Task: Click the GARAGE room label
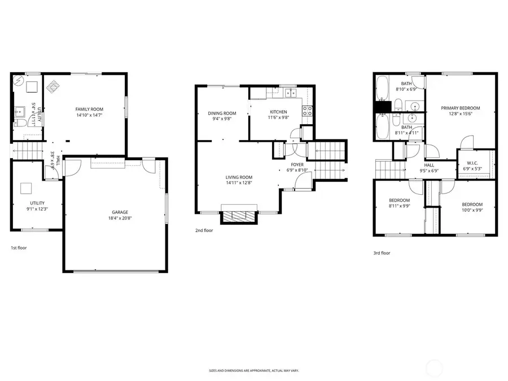pos(119,212)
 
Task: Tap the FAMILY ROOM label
pos(89,109)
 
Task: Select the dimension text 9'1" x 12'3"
pos(37,209)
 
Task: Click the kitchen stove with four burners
pos(308,111)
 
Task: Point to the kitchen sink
pos(290,93)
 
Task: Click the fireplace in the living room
pos(239,216)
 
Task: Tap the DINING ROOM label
pos(222,113)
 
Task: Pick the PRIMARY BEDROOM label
pos(460,108)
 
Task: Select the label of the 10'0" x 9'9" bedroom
pos(472,204)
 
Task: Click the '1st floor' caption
pos(19,248)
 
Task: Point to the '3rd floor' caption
pos(381,253)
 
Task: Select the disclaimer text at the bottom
pos(253,371)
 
